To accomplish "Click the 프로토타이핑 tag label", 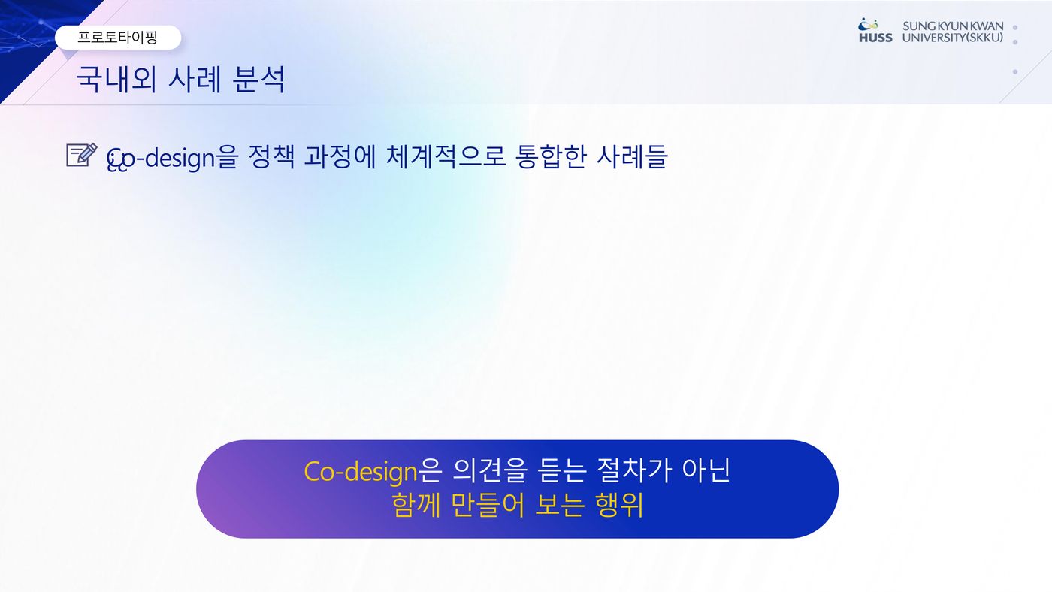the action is coord(117,37).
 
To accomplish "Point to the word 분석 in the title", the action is coord(258,79).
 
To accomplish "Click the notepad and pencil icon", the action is coord(82,155).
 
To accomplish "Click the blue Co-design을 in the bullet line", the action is coord(172,158).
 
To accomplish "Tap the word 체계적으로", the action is coord(446,156).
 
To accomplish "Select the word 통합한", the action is coord(551,156).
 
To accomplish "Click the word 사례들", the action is coord(632,156).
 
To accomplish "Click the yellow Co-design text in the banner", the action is coord(361,471).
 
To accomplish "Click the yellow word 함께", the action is coord(416,505).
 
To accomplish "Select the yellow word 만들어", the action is coord(488,505).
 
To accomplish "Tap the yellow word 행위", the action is coord(619,505).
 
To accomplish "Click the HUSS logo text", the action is coord(875,38).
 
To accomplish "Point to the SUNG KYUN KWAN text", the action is coord(953,26).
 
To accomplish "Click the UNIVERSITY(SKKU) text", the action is coord(953,38).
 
